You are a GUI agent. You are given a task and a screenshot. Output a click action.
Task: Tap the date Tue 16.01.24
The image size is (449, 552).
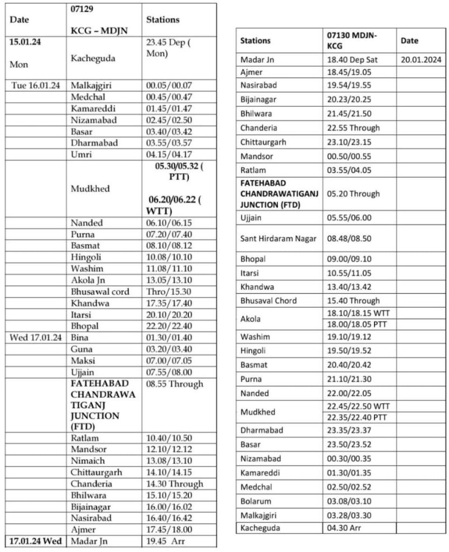click(36, 85)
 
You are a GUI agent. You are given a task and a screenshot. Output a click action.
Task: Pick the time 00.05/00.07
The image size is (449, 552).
click(169, 85)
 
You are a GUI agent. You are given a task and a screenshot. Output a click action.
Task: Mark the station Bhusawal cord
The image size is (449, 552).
click(100, 291)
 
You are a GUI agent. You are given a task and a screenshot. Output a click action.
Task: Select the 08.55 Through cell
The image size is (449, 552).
click(174, 384)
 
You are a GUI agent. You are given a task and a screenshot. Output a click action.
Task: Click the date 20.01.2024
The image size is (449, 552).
click(421, 60)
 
